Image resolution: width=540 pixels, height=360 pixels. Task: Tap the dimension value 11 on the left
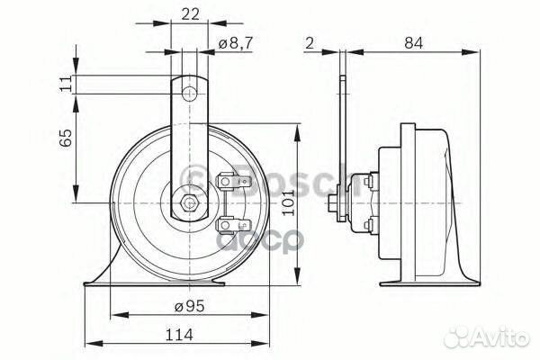[65, 84]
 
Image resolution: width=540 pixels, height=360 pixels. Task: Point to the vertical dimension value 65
[65, 139]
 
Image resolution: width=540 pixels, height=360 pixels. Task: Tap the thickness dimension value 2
[308, 41]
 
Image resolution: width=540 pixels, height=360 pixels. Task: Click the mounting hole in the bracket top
[187, 93]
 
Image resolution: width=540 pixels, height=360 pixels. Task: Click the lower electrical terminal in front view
[229, 222]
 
